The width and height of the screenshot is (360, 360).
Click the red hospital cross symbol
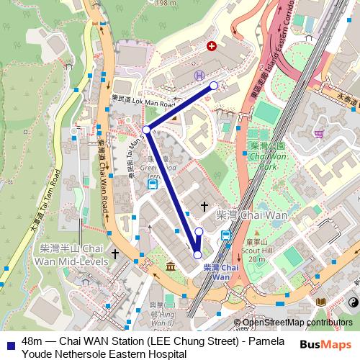tap(211, 46)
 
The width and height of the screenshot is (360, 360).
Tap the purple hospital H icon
tap(198, 74)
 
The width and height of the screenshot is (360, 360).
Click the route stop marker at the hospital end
tap(214, 86)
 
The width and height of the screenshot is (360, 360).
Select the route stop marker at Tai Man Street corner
tap(146, 130)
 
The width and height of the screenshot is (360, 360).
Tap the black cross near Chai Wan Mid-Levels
tap(114, 254)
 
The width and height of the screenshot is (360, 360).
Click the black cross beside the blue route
tap(204, 207)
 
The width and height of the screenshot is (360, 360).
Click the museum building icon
tap(170, 268)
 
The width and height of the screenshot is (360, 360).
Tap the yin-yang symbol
tap(354, 303)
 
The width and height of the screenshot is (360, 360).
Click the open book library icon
tap(320, 302)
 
